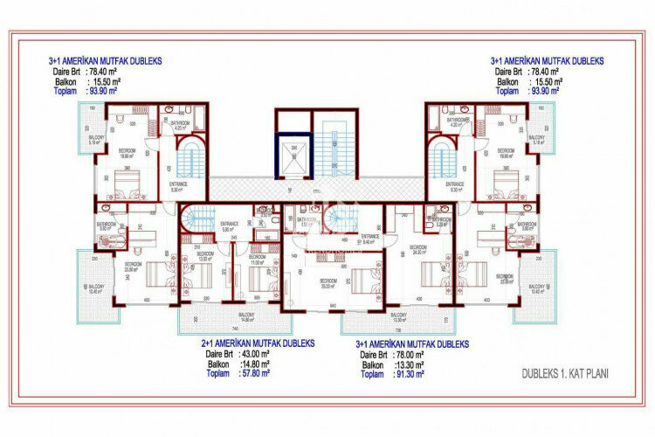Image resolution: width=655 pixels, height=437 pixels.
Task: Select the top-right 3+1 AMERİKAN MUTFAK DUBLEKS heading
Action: (548, 61)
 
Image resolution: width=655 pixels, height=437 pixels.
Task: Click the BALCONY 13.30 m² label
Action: (396, 316)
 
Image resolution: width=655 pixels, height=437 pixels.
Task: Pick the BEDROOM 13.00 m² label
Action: (205, 258)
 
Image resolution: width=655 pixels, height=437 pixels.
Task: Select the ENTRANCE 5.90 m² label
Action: (229, 226)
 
